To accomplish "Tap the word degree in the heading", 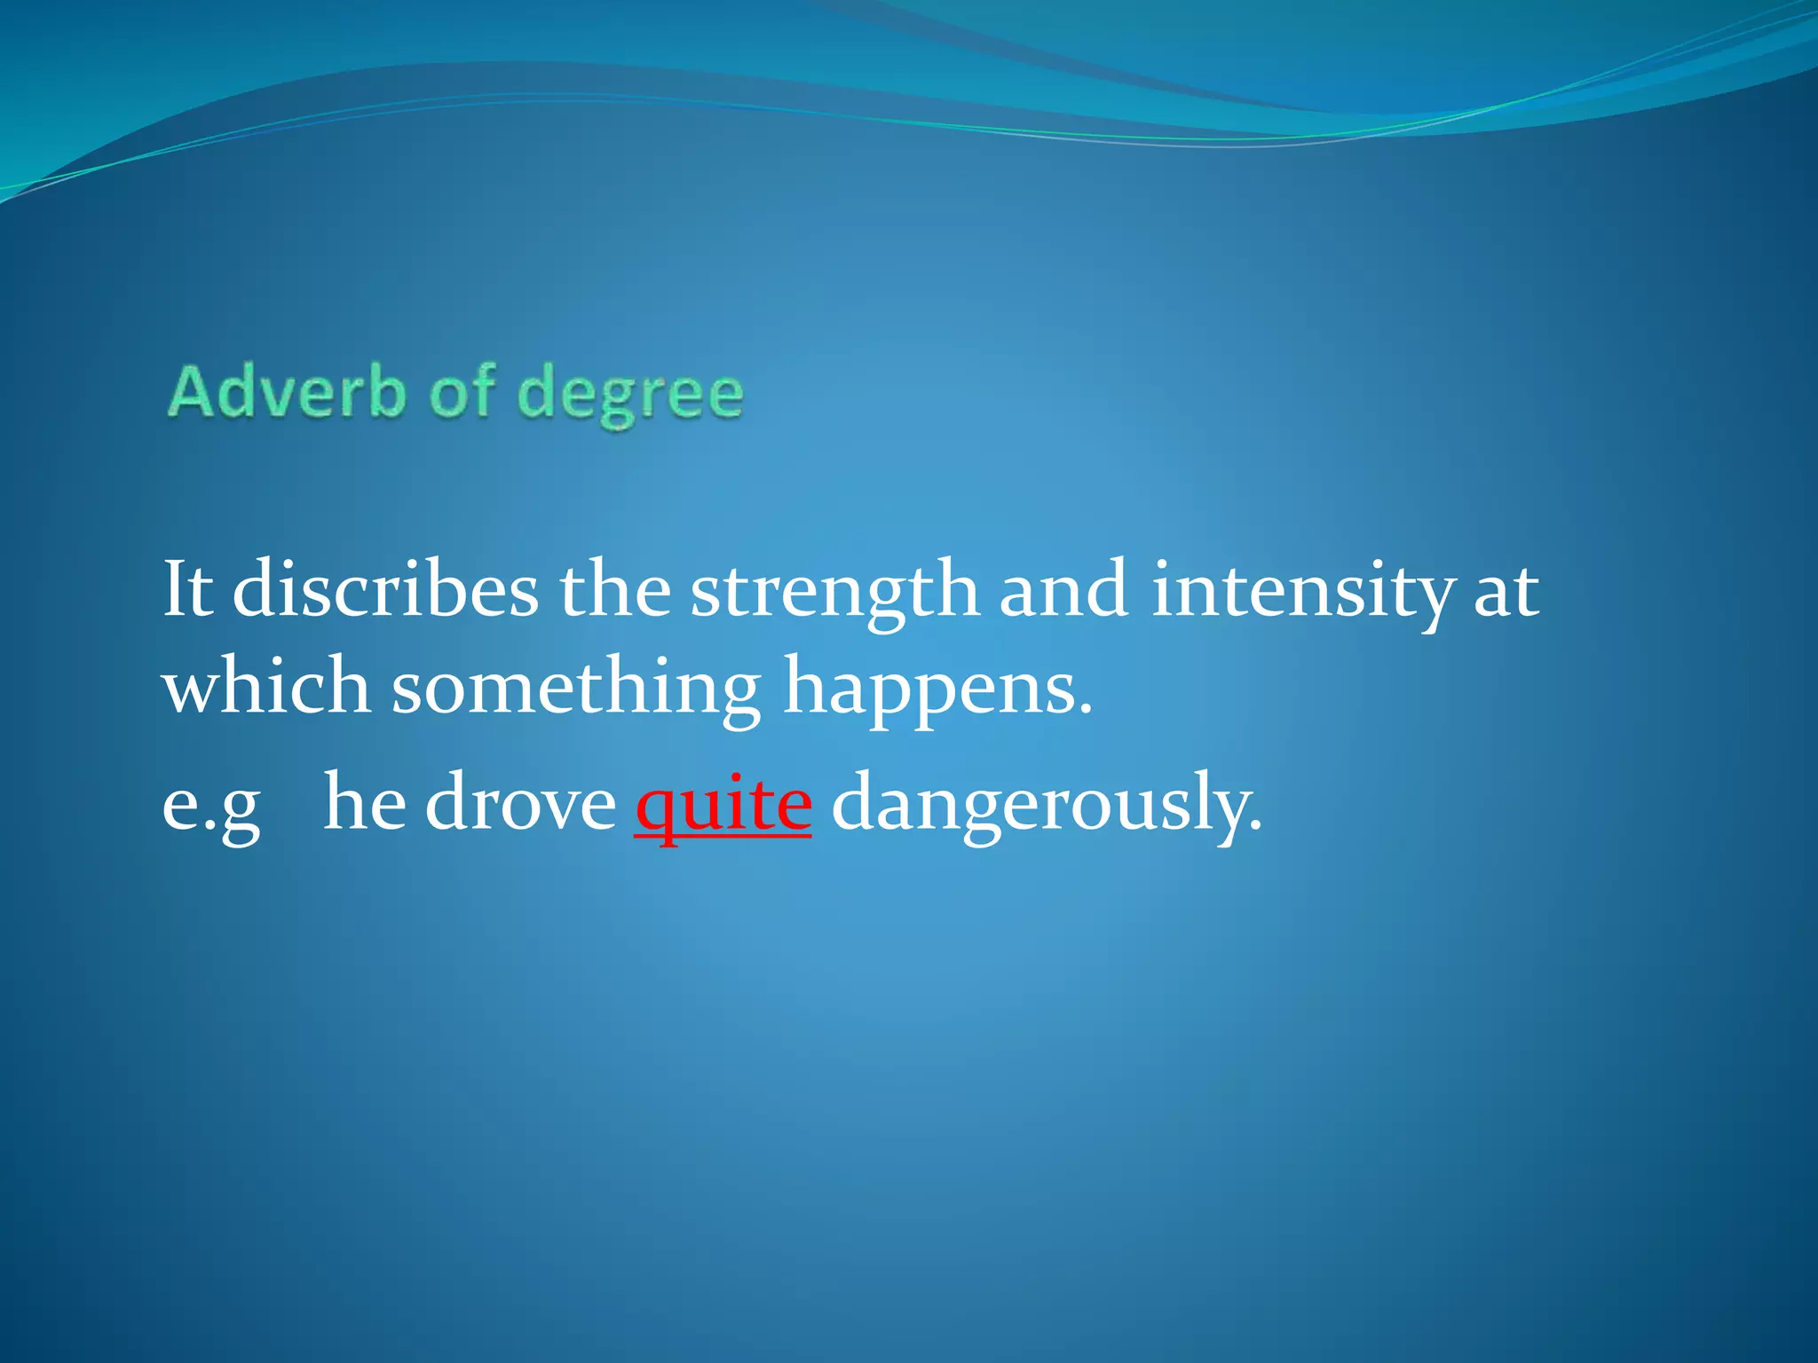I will pos(630,396).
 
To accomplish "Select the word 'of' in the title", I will pos(462,392).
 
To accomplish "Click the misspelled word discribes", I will pos(384,589).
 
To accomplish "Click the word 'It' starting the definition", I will pos(187,589).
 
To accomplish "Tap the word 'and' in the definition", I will pos(1064,589).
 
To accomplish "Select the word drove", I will pos(520,803).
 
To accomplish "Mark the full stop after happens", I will pos(1084,711).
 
